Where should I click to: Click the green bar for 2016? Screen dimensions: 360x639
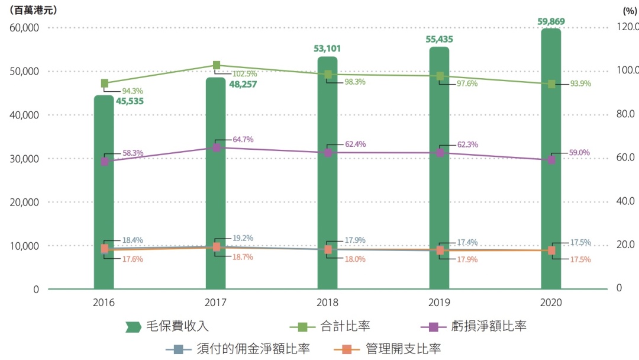point(104,195)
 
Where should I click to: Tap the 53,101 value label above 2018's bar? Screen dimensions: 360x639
point(327,49)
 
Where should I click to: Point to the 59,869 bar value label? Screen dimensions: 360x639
point(551,21)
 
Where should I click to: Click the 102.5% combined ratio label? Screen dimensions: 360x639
point(244,74)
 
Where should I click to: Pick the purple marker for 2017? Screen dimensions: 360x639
point(217,147)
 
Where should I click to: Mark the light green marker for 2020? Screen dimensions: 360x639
point(551,84)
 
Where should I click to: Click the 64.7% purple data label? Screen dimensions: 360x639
point(243,140)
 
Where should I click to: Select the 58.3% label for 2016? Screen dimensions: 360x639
point(131,153)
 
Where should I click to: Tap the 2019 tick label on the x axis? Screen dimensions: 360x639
point(439,302)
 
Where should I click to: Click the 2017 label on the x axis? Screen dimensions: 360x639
point(215,302)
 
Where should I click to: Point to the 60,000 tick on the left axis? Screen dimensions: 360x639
point(24,27)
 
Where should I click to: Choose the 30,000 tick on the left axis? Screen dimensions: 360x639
point(24,158)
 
